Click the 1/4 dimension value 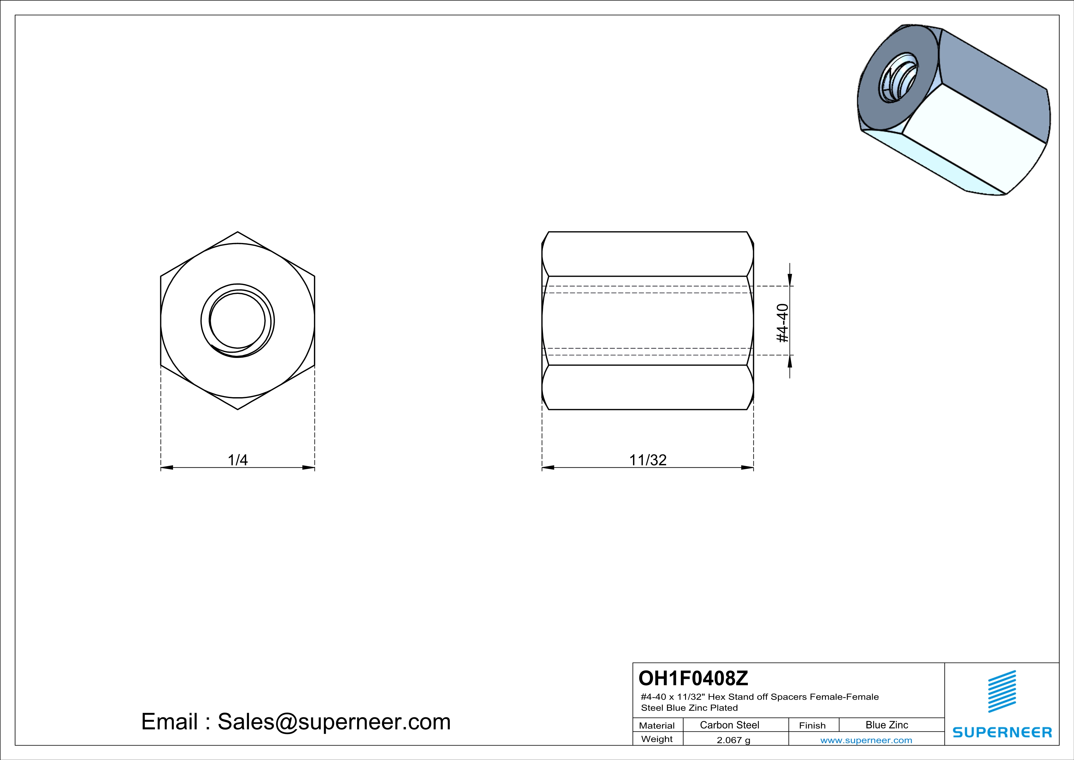pos(238,460)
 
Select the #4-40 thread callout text pos(782,323)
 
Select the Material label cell pos(657,725)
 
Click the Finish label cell pos(812,725)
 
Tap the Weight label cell pos(657,739)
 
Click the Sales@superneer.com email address pos(334,722)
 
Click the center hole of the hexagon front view pos(238,321)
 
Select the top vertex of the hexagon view pos(238,232)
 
